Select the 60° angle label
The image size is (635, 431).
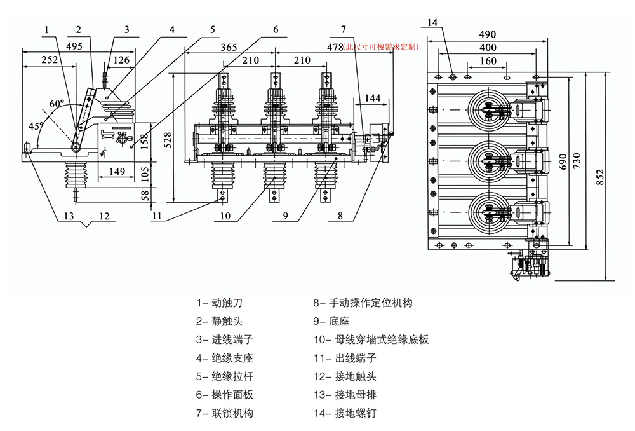(57, 103)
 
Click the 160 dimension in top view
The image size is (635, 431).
(488, 61)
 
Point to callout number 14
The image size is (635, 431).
(432, 23)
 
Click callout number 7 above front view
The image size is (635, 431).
(343, 29)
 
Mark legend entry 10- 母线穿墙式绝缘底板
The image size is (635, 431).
(371, 339)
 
